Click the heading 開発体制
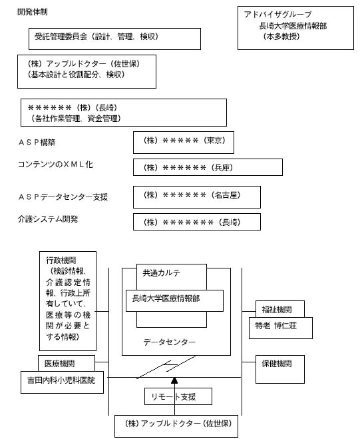33,12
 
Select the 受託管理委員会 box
114,39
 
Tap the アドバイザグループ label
277,14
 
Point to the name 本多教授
281,37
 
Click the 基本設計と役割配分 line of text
76,75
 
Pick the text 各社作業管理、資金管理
76,119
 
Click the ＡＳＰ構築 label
37,143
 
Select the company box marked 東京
184,143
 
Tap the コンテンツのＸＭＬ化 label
55,165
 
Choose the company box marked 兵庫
208,167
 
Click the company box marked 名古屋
197,197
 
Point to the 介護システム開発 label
48,219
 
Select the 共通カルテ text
162,272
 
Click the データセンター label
170,342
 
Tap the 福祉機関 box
280,309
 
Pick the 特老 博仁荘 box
281,328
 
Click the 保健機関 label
277,364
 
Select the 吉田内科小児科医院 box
62,382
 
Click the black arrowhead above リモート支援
174,380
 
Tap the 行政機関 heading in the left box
61,260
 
